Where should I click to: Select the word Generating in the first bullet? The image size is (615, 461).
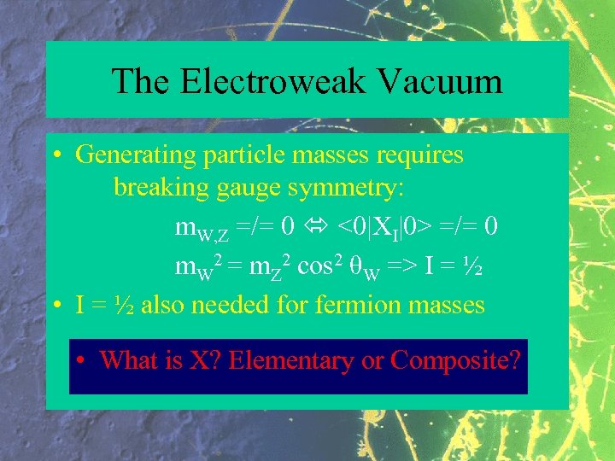[x=136, y=155]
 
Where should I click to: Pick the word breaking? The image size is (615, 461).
[x=160, y=188]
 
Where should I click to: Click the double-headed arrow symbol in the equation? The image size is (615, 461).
[x=317, y=227]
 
